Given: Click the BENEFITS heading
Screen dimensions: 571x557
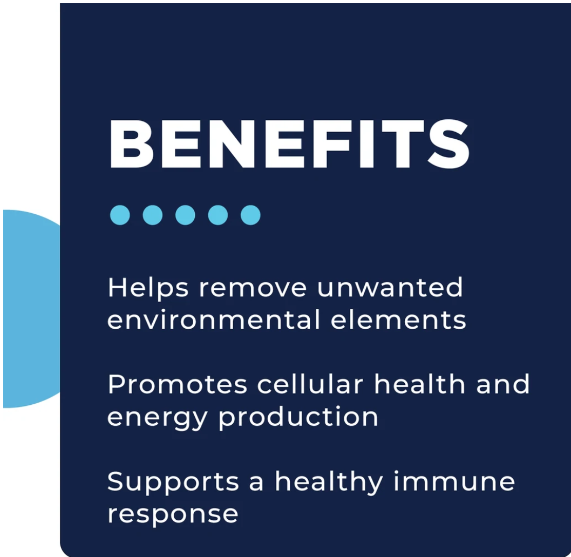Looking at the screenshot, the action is coord(289,144).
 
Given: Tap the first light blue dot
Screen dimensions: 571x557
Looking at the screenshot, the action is coord(120,215).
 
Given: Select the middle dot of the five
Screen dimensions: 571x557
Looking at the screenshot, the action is coord(185,215).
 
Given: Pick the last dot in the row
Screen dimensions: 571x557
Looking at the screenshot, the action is coord(250,215).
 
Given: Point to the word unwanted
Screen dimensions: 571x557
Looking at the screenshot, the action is coord(390,288).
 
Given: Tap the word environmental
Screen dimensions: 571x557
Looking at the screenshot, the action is coord(214,320).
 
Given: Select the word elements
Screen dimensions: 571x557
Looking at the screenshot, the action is coord(398,320).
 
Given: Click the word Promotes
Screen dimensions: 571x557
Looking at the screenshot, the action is coord(178,384).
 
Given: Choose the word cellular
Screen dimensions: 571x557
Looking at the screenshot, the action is coord(310,384).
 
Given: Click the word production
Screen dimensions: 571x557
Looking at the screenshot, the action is coord(298,418).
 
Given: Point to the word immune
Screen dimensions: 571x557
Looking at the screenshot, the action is coord(454,481).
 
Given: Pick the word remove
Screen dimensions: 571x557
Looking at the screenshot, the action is coord(253,288).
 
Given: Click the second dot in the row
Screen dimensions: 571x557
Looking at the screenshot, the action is coord(153,215).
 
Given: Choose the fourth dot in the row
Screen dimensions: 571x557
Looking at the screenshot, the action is coord(217,215).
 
